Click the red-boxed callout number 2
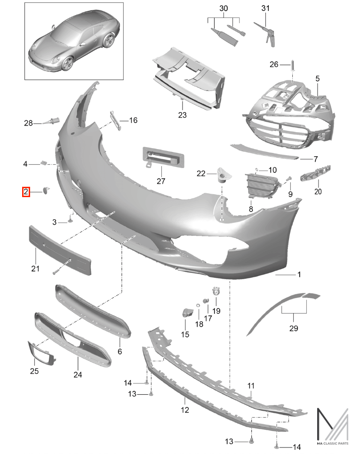[x=26, y=191]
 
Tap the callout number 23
[x=182, y=115]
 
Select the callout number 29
[x=293, y=328]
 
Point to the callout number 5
[x=318, y=79]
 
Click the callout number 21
[x=35, y=269]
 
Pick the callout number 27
[x=161, y=181]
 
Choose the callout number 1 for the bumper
[x=299, y=274]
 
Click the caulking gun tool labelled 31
[x=265, y=34]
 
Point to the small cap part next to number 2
[x=46, y=190]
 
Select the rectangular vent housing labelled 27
[x=163, y=157]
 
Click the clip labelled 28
[x=51, y=121]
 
